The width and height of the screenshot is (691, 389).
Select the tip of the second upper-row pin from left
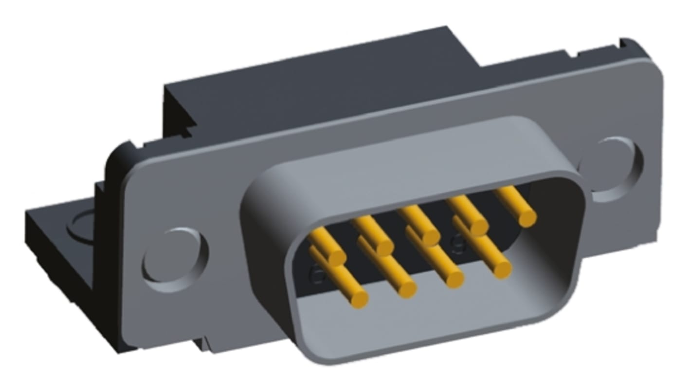(384, 247)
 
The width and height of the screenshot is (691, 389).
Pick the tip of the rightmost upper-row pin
(527, 217)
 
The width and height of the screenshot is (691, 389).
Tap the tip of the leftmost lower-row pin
(359, 298)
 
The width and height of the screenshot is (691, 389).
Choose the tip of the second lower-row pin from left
(407, 289)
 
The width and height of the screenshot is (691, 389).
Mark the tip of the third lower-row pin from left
(454, 279)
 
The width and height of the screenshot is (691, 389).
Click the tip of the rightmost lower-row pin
(502, 269)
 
